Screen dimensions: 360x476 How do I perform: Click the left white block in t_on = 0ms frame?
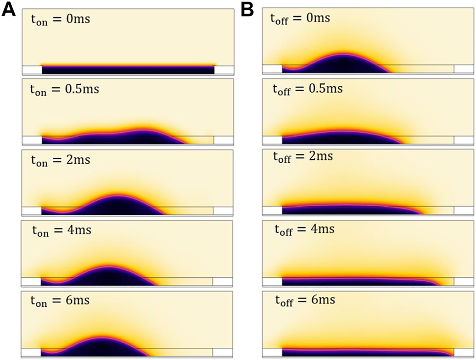point(32,70)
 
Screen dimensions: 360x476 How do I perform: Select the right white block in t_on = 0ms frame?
point(223,70)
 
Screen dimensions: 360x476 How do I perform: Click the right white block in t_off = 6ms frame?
point(463,352)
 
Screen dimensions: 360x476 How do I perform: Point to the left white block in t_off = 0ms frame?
point(272,69)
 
